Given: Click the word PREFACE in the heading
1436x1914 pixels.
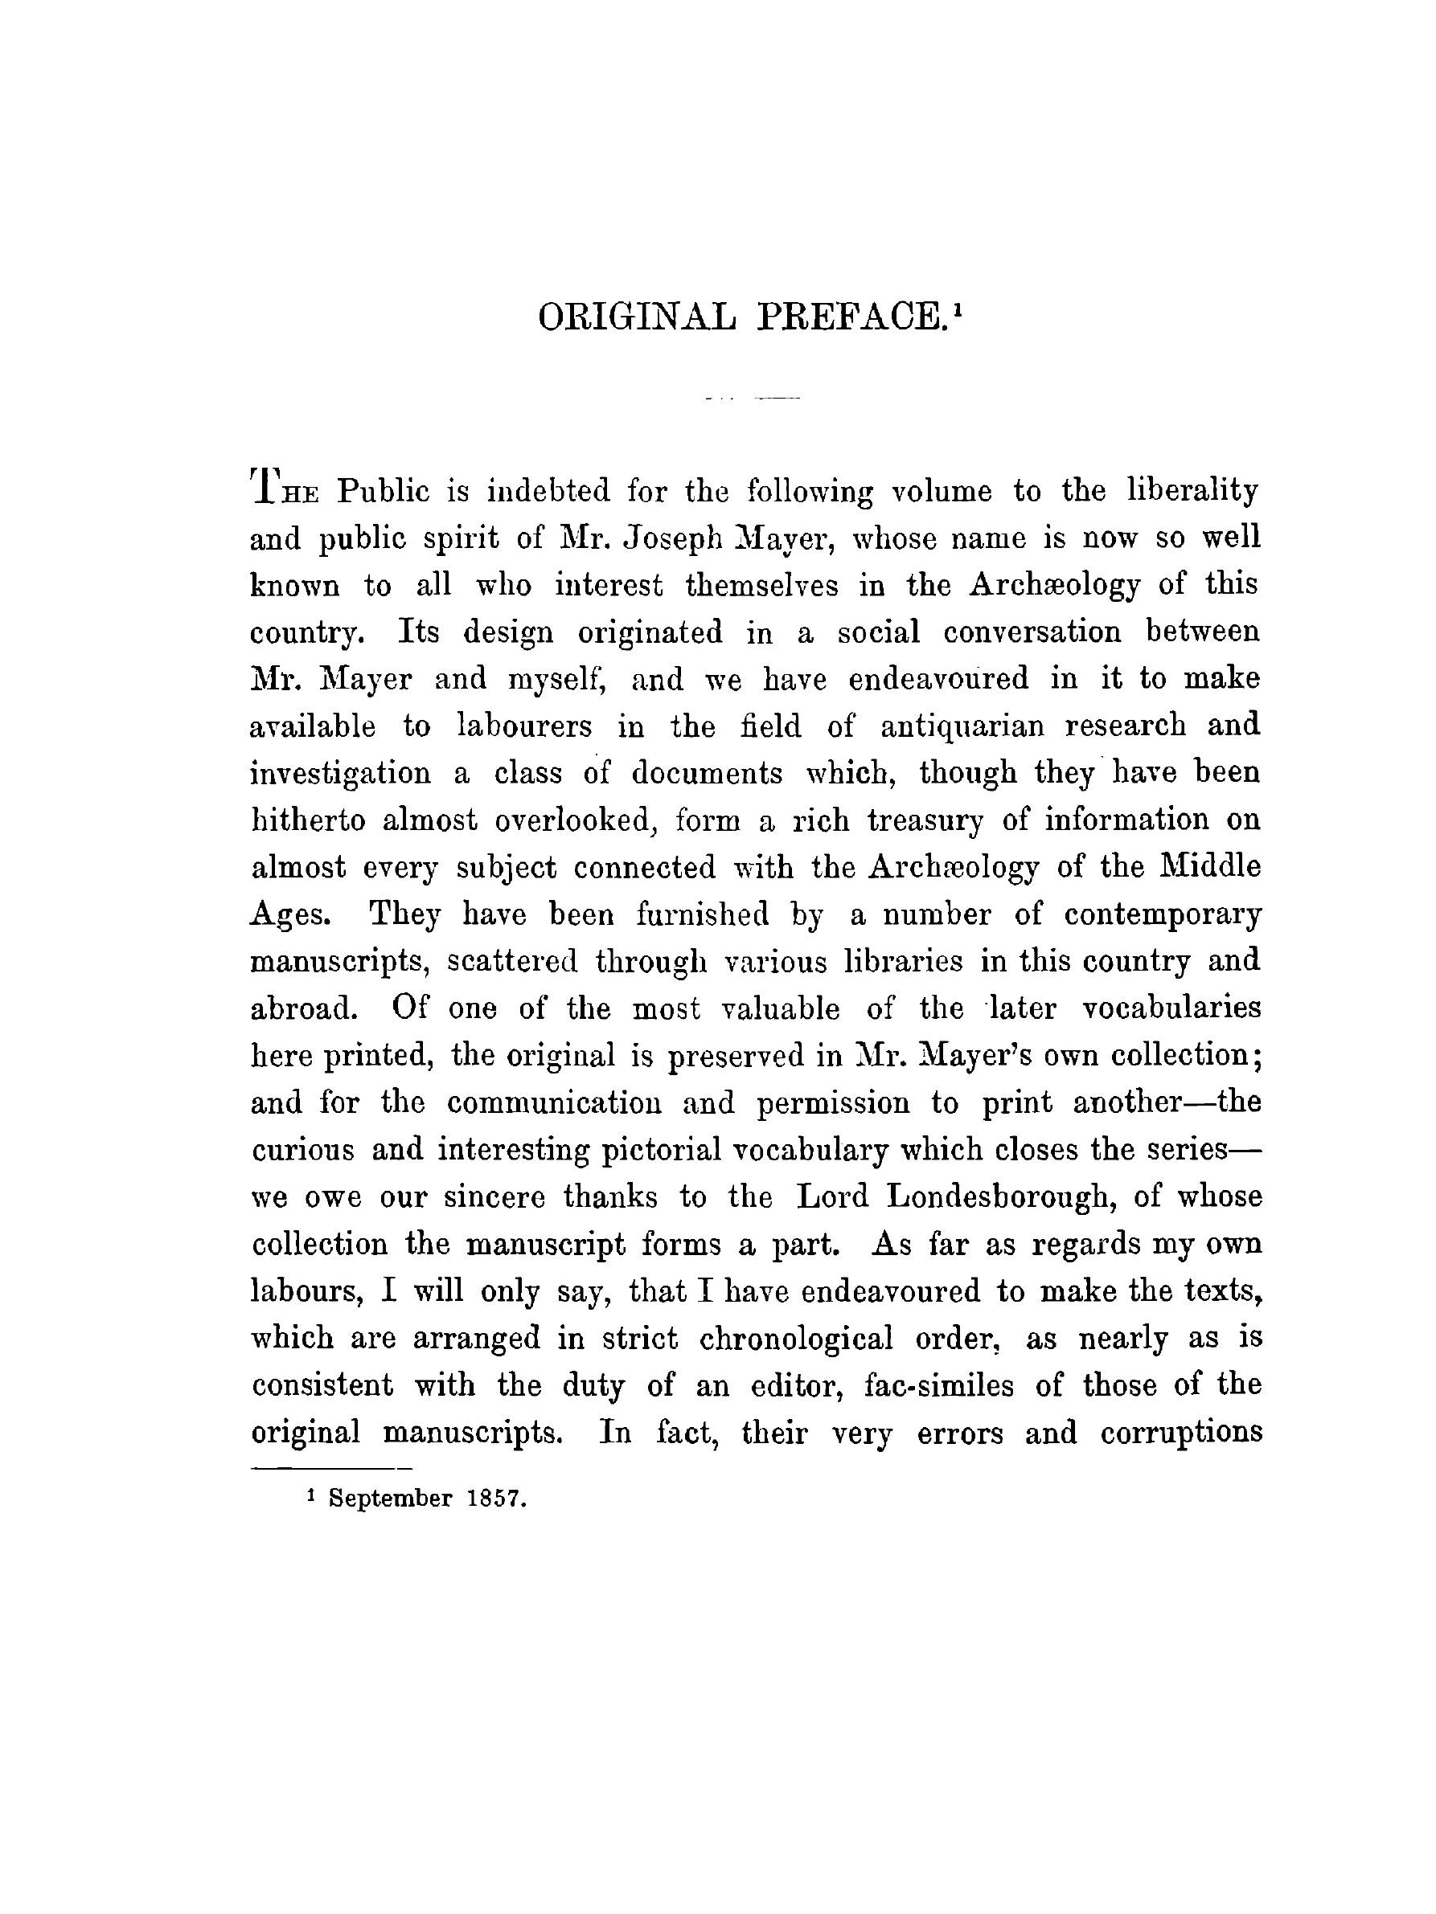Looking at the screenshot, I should click(x=849, y=317).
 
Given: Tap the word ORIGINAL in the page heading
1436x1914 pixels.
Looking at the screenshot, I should click(x=636, y=317).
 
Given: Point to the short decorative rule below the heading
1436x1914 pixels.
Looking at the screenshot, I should click(x=753, y=399).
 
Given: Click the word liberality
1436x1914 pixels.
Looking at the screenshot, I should click(x=1192, y=492).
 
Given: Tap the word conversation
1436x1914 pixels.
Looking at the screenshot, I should click(x=1032, y=632).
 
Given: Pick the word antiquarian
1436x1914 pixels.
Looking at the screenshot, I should click(x=962, y=726).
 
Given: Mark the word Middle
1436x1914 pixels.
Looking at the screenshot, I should click(x=1209, y=866).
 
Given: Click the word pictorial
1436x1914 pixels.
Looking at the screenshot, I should click(x=661, y=1150).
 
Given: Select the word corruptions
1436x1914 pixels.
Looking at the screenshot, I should click(x=1180, y=1433).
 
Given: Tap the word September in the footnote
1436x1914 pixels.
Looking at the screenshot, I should click(x=391, y=1499).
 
